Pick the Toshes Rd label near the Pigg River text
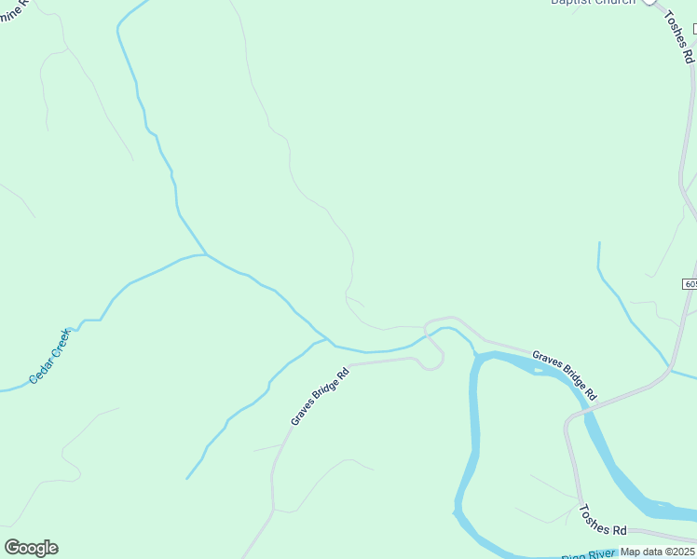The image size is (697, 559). (x=602, y=521)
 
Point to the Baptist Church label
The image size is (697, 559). (x=593, y=2)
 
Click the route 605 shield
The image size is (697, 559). (x=690, y=283)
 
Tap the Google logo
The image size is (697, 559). (x=31, y=548)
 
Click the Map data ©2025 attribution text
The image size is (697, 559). (x=658, y=552)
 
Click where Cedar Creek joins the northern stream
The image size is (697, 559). (x=205, y=253)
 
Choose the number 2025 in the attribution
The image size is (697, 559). (x=683, y=552)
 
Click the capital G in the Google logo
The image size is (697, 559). (x=12, y=548)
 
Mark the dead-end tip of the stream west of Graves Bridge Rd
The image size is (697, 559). (x=187, y=479)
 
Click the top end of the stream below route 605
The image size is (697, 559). (x=598, y=243)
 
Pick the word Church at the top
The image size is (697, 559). (x=615, y=2)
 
